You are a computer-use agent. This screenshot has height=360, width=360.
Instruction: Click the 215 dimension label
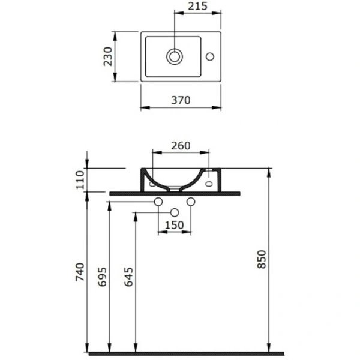[x=197, y=6]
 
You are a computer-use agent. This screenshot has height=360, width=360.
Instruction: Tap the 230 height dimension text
[x=108, y=56]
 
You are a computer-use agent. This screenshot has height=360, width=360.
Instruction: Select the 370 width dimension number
[x=181, y=100]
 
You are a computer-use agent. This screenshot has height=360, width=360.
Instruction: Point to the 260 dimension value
[x=181, y=146]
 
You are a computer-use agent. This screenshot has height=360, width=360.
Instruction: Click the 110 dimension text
[x=80, y=180]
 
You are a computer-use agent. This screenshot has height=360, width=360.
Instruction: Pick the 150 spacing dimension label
[x=174, y=225]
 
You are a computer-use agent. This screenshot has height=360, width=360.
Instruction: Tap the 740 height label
[x=80, y=272]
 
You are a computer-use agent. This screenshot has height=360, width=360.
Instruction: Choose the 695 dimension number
[x=103, y=277]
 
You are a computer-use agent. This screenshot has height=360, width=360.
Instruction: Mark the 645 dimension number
[x=128, y=277]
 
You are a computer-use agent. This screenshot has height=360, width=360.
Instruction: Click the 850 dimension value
[x=262, y=259]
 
